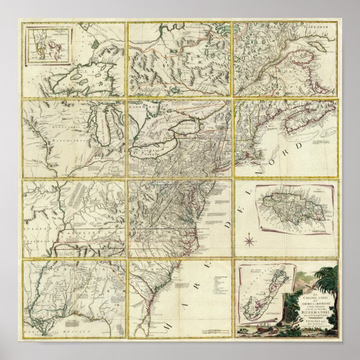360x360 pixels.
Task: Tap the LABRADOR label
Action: (x=323, y=27)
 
